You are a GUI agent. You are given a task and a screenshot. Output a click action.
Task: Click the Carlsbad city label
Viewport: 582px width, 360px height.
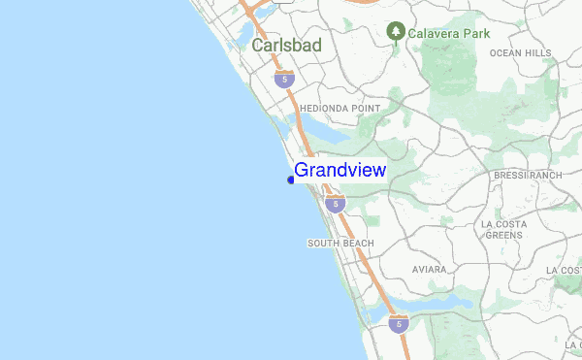pos(286,46)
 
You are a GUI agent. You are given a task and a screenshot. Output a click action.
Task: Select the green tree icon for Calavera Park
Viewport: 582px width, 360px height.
pos(396,32)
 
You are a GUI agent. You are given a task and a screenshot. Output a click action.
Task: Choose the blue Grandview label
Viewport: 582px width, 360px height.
pos(339,171)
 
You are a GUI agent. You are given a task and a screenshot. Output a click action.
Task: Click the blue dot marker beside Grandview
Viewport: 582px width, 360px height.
pos(291,180)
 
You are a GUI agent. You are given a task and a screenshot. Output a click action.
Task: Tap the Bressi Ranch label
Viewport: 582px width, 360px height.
pos(528,176)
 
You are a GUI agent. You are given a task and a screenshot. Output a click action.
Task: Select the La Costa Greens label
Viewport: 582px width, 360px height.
pos(503,229)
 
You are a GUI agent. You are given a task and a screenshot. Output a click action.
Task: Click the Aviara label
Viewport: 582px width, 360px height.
pos(429,269)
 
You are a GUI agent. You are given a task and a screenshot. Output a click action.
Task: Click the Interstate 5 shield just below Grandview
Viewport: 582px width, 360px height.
pos(335,204)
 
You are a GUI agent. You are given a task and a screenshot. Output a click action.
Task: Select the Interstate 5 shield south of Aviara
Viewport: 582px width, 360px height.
pos(399,324)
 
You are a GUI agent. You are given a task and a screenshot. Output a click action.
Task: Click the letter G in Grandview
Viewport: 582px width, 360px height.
pos(302,171)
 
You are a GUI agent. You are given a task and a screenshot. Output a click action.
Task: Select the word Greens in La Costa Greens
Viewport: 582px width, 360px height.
pos(503,235)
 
